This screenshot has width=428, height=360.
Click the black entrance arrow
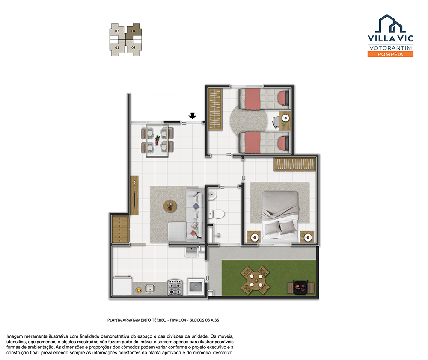pos(193,116)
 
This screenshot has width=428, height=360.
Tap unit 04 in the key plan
pos(134,31)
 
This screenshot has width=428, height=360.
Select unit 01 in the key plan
pos(117,48)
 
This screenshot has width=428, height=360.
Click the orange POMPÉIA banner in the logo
pos(390,54)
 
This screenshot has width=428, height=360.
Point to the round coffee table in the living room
pos(170,206)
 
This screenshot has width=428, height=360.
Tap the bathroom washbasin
pos(212,195)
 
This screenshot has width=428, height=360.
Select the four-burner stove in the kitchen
pos(175,287)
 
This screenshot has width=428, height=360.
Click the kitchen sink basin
pos(150,288)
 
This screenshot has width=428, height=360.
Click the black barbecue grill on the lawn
pos(300,287)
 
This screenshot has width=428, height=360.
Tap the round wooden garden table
pos(255,280)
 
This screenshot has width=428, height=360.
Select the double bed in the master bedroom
pos(280,215)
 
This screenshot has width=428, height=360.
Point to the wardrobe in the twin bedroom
pos(216,109)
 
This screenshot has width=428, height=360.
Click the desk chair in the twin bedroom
pos(276,121)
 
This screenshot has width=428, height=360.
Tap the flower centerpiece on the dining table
pos(157,140)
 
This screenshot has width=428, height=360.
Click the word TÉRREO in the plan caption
pos(158,320)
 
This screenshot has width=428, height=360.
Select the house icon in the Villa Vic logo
pos(390,24)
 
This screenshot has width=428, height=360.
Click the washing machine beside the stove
pos(196,287)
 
